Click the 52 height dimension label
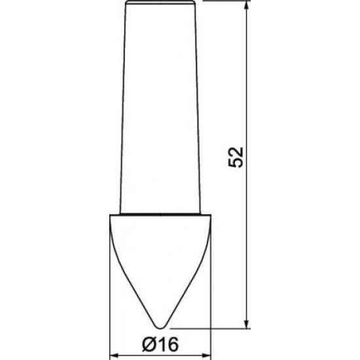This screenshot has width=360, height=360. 236,158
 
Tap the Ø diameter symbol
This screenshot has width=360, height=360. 150,344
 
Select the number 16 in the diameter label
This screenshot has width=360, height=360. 168,344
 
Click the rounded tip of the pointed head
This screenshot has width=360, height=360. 160,328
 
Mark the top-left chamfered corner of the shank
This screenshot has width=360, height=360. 126,3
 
